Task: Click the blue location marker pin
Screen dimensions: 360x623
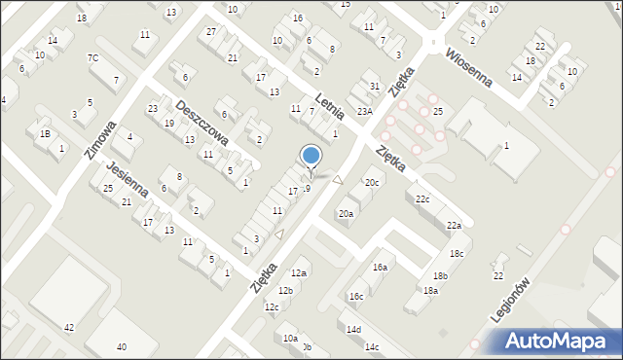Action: [311, 156]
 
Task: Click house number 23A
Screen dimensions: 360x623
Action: [364, 112]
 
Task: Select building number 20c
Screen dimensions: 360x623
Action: [372, 182]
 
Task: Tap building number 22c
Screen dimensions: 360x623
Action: [422, 199]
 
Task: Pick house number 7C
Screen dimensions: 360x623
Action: [92, 58]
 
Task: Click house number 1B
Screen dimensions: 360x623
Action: [45, 133]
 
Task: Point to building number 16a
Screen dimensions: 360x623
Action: [380, 267]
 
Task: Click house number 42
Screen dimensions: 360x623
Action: [68, 328]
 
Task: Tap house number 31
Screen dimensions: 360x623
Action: [375, 87]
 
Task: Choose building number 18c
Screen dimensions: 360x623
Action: [456, 253]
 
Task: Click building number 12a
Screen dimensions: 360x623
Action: [299, 273]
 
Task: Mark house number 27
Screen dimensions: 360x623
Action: [211, 31]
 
